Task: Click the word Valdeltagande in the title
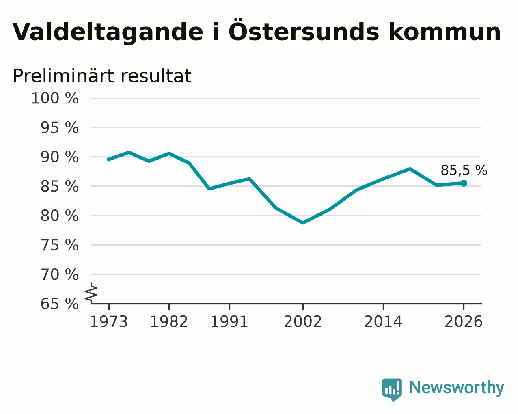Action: [x=108, y=32]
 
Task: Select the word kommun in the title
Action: [x=445, y=32]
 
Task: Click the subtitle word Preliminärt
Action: [x=63, y=76]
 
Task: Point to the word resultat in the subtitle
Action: [x=156, y=76]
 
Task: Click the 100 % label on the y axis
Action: [x=55, y=98]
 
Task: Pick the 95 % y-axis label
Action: [x=59, y=127]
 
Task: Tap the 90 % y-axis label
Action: [x=59, y=157]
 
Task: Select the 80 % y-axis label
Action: [x=59, y=216]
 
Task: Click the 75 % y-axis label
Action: [x=59, y=245]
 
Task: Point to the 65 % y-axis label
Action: [x=59, y=304]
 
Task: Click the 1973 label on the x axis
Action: [x=109, y=321]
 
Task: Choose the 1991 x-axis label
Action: [x=229, y=321]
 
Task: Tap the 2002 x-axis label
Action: [x=303, y=321]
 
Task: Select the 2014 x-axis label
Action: [x=383, y=321]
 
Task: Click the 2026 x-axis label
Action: [x=464, y=321]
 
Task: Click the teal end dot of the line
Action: [x=464, y=183]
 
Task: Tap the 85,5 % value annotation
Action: [x=464, y=170]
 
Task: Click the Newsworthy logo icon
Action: [x=392, y=390]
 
